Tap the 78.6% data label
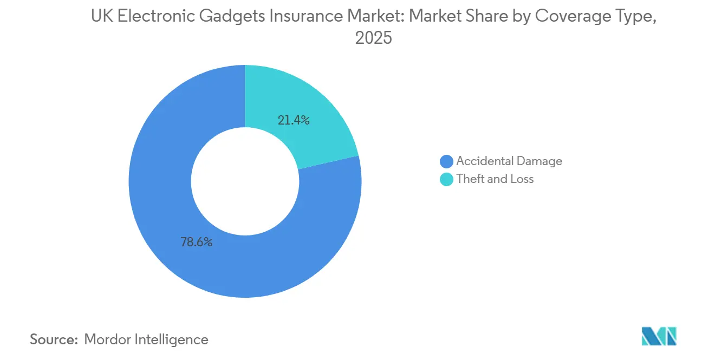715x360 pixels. (x=196, y=242)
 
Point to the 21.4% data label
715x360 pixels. (x=294, y=120)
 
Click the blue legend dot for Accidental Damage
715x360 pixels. (x=447, y=161)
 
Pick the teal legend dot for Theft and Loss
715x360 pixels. (x=447, y=179)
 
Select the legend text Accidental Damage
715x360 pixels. (x=509, y=161)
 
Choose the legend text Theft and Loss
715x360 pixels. (x=495, y=179)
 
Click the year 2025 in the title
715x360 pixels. (x=373, y=38)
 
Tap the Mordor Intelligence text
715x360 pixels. (x=146, y=339)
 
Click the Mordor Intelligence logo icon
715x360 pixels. (x=659, y=336)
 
